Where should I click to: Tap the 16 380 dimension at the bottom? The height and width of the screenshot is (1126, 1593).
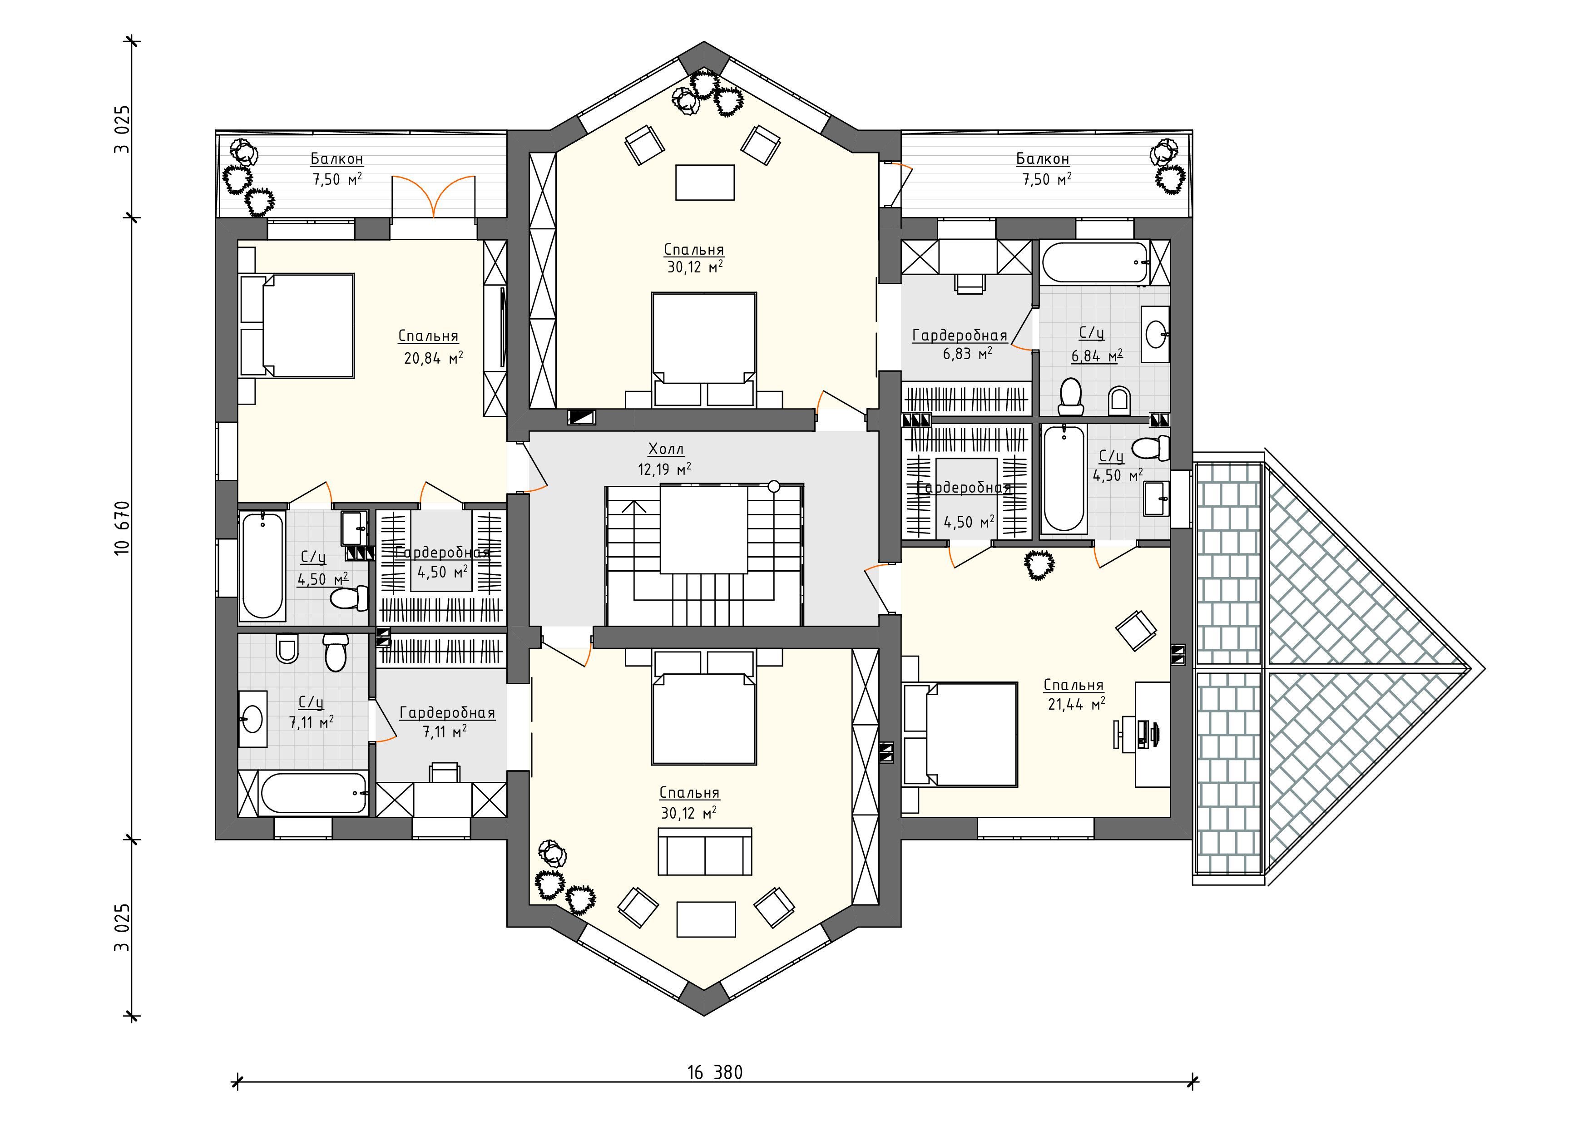[x=715, y=1072]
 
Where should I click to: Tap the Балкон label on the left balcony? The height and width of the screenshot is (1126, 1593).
[x=336, y=159]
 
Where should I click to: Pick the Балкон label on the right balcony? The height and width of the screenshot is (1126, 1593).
[x=1043, y=159]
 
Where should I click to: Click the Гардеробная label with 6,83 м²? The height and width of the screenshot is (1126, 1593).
[x=960, y=336]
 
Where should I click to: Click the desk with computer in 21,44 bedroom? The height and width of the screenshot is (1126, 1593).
[x=1152, y=734]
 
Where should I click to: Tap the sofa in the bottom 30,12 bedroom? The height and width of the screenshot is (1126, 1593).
[x=705, y=852]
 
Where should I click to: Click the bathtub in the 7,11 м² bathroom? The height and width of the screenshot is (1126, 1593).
[x=314, y=793]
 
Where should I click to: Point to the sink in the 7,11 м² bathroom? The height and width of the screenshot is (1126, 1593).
[x=252, y=719]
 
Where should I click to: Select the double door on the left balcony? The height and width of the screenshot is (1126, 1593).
[x=434, y=197]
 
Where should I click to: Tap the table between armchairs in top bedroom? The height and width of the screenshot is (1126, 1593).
[x=705, y=183]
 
